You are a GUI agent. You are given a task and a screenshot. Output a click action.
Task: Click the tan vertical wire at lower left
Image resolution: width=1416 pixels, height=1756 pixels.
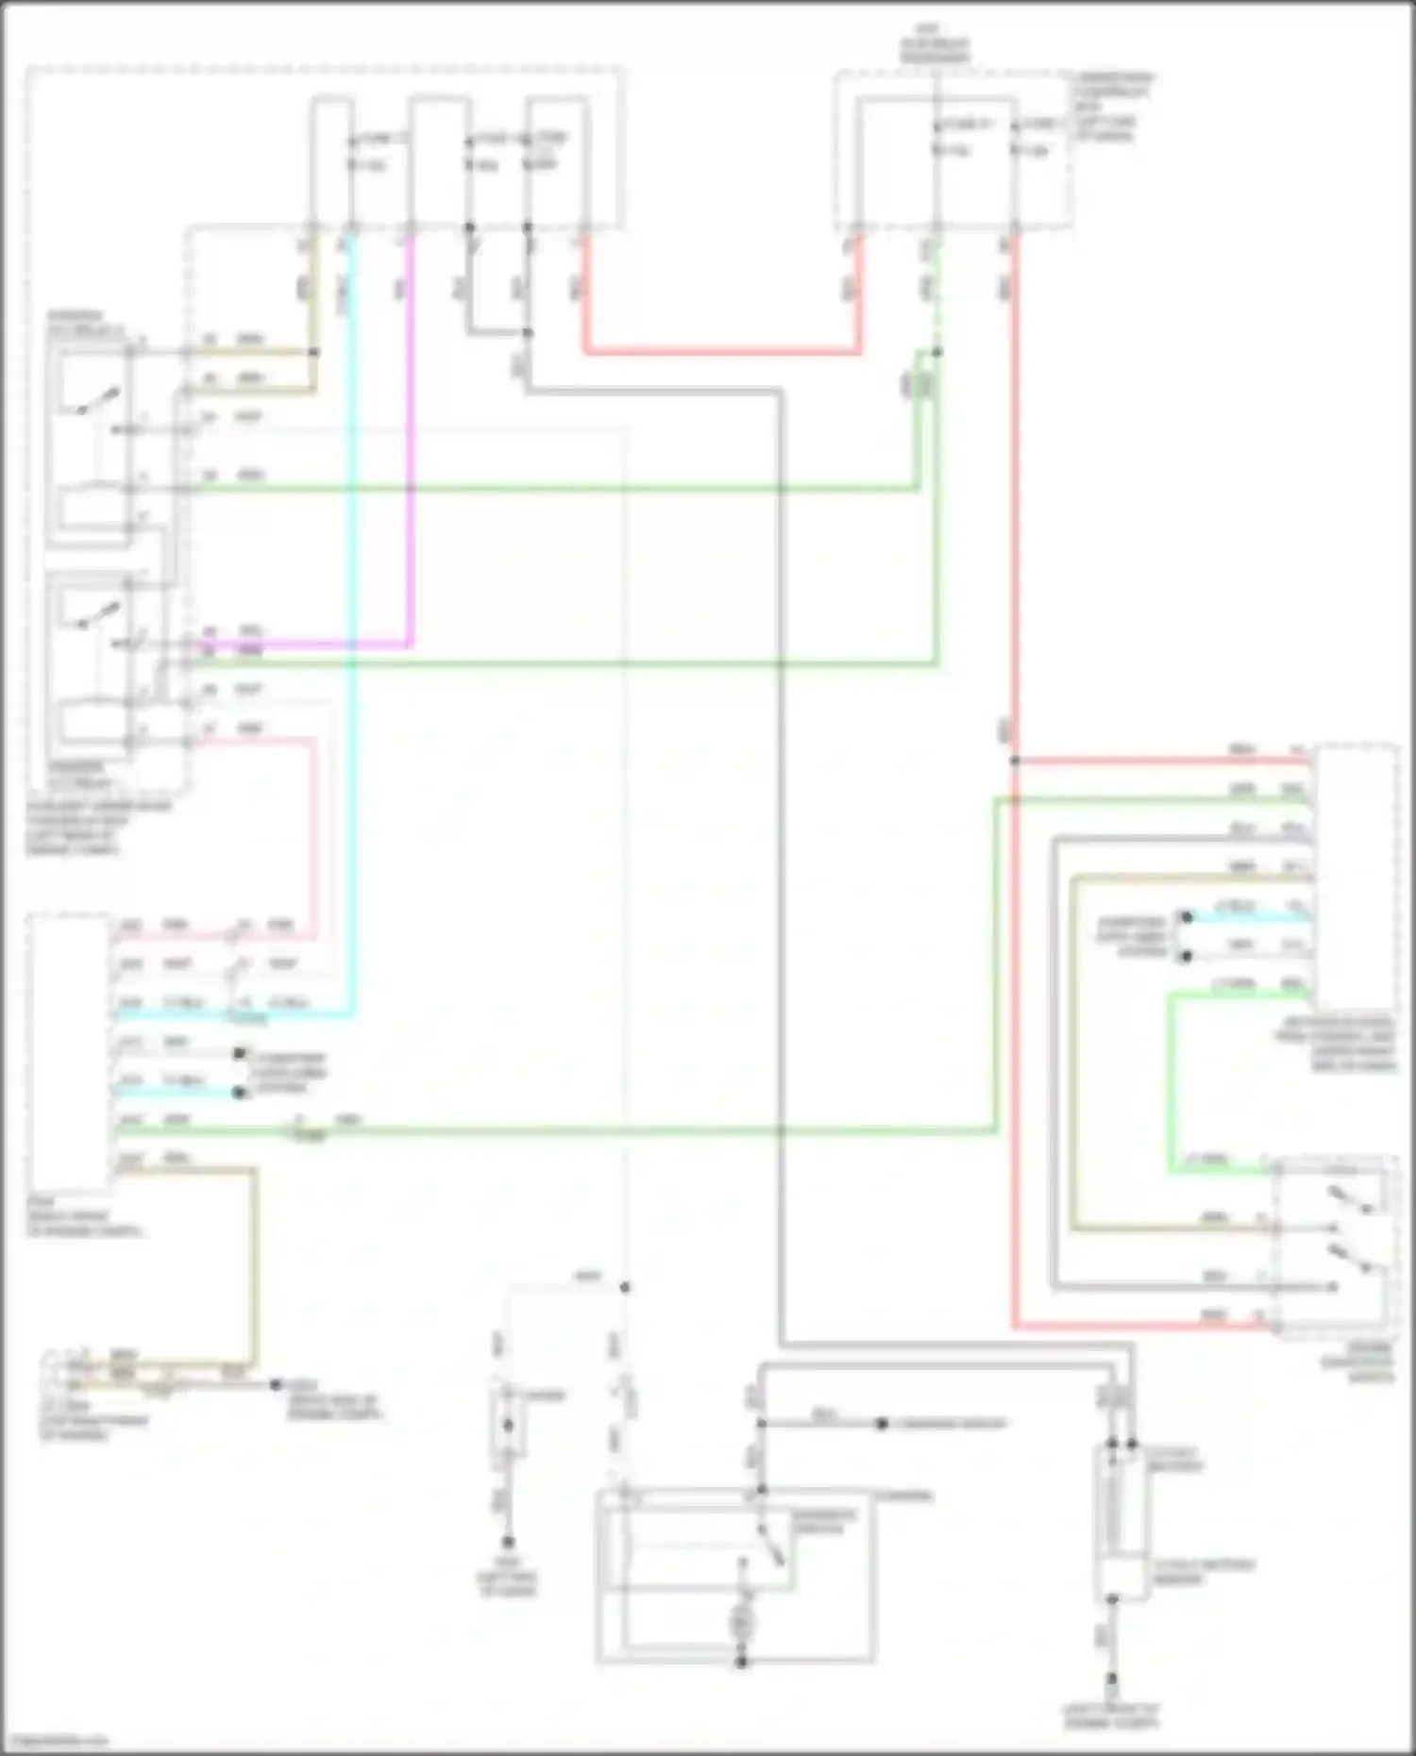coord(253,1264)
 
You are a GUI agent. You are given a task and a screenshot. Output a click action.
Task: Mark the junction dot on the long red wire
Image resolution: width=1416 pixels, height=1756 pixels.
coord(1015,761)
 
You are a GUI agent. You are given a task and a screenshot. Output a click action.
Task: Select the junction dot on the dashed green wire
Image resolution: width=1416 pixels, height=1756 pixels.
coord(936,353)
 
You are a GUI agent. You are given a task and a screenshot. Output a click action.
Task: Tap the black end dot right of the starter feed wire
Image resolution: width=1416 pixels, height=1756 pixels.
coord(881,1423)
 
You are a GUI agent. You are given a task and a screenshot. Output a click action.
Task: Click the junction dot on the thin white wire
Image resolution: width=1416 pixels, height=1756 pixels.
coord(624,1287)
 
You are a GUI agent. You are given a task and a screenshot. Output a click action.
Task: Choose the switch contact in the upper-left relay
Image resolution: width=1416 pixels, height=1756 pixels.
coord(98,400)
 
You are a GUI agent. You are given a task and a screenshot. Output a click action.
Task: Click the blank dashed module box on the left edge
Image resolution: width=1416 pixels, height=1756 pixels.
coord(68,1052)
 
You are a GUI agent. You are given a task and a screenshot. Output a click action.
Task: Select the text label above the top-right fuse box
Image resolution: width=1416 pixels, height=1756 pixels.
coord(935,51)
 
